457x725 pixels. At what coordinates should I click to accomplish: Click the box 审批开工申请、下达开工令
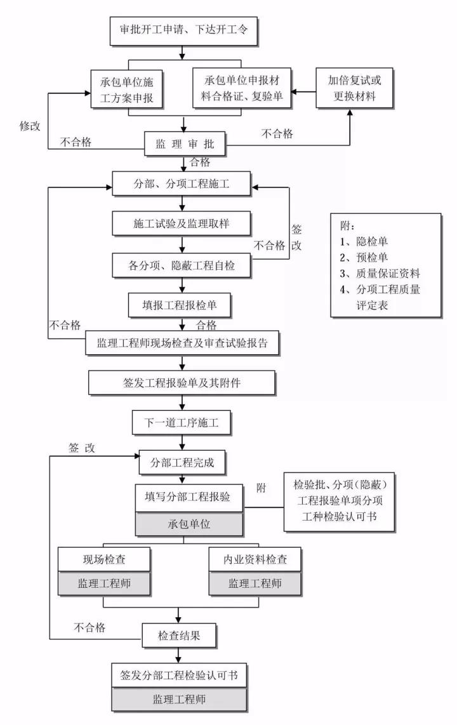coord(184,30)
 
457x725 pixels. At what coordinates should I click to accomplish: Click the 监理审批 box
coord(184,144)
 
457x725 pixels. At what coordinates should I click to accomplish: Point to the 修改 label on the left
coord(29,126)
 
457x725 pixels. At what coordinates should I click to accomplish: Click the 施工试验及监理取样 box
coord(183,224)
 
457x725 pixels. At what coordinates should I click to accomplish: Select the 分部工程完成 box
coord(183,462)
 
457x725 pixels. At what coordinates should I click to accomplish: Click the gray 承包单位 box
coord(189,525)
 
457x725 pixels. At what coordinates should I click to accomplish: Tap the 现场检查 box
coord(105,559)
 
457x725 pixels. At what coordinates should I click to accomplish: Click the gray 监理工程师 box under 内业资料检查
coord(255,583)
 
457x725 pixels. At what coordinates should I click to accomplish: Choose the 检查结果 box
coord(180,634)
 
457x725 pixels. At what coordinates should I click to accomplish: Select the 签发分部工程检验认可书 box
coord(179,675)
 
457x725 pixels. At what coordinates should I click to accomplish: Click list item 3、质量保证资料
coord(380,274)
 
